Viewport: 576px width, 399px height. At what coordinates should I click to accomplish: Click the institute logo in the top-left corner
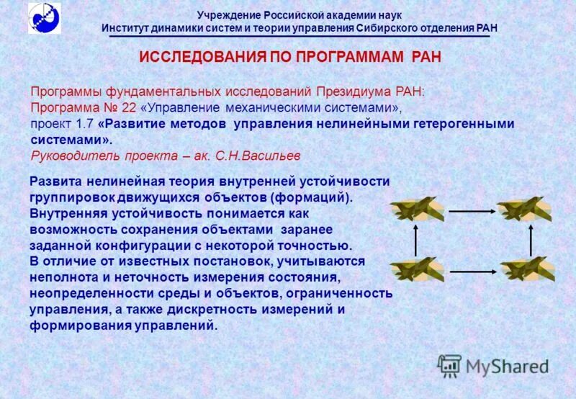point(45,18)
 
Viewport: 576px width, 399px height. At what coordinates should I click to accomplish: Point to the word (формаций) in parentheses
point(315,197)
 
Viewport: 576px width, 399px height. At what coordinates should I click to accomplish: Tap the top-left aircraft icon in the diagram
point(415,210)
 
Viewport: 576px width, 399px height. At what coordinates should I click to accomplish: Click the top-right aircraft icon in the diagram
point(525,210)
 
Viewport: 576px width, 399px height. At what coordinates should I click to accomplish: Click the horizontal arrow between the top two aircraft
point(470,211)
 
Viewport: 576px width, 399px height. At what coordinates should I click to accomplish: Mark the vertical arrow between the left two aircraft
point(415,240)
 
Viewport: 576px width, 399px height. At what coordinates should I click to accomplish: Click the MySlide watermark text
point(507,367)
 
